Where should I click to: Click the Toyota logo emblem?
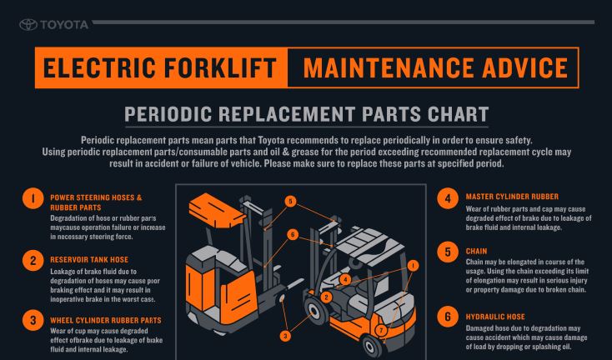(x=28, y=25)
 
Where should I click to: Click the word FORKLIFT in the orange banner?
(x=220, y=67)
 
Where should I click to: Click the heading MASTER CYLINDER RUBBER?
(x=512, y=197)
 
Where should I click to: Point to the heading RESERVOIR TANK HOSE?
(x=89, y=260)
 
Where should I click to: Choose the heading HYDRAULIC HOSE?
(x=495, y=317)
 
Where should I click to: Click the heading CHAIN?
(x=476, y=252)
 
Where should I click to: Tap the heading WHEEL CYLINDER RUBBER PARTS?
(x=106, y=321)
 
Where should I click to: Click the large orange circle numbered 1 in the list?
(x=33, y=199)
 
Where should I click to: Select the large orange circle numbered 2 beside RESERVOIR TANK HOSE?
(x=33, y=261)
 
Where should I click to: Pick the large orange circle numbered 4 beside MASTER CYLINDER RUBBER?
(x=448, y=198)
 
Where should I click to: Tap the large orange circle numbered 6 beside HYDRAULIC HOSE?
(x=448, y=317)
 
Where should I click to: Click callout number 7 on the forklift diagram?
(x=381, y=331)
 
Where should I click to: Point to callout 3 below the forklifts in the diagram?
(x=285, y=336)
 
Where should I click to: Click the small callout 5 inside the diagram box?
(x=290, y=202)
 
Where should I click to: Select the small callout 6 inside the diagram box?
(x=293, y=235)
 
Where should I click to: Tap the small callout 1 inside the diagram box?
(x=413, y=266)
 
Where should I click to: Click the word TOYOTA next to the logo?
(x=64, y=25)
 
